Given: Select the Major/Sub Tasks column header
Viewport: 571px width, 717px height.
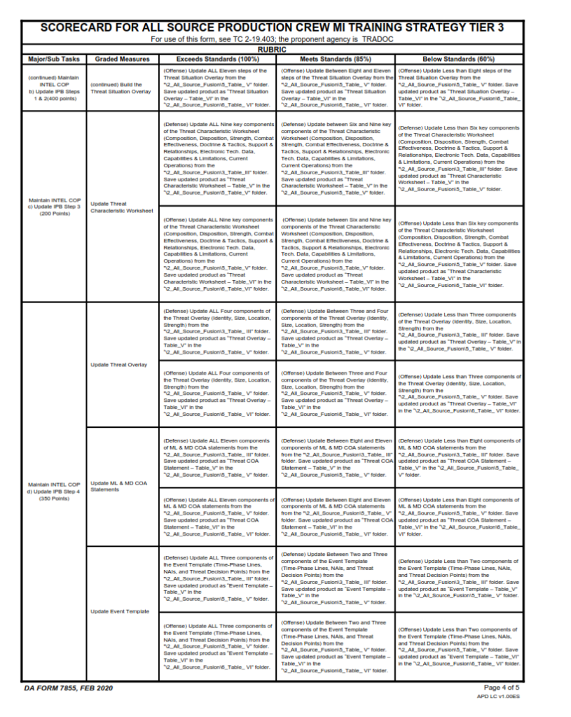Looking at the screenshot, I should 54,60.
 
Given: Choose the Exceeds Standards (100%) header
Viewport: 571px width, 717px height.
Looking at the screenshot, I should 217,60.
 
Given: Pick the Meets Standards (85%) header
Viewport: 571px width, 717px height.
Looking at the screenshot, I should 336,60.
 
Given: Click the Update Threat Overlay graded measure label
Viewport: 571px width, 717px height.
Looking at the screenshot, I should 119,365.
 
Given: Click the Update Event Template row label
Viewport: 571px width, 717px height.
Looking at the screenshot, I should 120,611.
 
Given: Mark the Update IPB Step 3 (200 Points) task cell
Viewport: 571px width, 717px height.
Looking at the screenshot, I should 54,207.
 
